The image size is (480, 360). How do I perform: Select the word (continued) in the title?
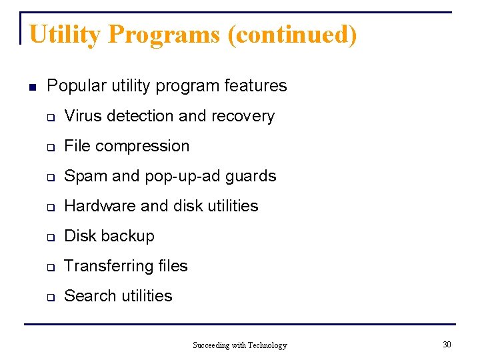point(292,35)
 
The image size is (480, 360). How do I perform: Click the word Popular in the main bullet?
point(73,86)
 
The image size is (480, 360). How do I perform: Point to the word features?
point(256,86)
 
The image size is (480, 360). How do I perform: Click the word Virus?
point(83,116)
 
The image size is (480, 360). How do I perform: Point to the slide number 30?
point(447,344)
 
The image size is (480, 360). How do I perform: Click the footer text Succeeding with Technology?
point(239,345)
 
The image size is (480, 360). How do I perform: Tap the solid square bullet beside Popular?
point(31,87)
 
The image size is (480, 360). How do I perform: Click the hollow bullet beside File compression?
point(50,147)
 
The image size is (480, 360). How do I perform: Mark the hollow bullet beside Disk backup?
point(50,237)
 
